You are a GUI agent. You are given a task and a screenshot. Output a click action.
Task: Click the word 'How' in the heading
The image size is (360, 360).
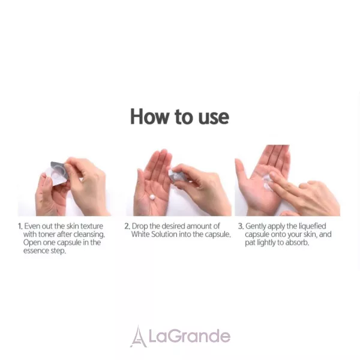[x=149, y=116]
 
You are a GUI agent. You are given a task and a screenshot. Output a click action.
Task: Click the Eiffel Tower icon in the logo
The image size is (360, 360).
[x=138, y=336]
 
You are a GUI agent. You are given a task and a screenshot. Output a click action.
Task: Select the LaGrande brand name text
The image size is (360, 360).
[x=190, y=336]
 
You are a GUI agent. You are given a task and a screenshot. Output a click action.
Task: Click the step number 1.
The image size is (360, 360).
[x=20, y=226]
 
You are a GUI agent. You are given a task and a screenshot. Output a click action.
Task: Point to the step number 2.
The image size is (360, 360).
[x=127, y=226]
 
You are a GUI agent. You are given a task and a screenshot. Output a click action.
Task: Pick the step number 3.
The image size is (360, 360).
[x=241, y=226]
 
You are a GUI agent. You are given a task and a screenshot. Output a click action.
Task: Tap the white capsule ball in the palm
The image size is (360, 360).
[x=152, y=197]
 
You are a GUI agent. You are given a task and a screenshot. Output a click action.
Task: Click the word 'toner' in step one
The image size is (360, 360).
[x=47, y=235]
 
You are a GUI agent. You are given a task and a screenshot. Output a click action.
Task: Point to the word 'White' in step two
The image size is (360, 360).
[x=140, y=235]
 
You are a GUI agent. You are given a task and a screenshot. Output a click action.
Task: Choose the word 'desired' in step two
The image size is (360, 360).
[x=173, y=226]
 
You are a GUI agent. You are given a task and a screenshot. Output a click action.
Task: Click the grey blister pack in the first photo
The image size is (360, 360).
[x=57, y=172]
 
